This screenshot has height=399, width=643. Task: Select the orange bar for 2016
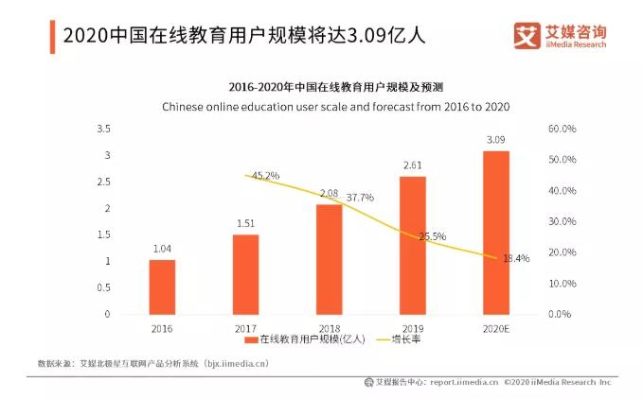162,286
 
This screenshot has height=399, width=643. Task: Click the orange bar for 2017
245,274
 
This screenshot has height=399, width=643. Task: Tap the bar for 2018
329,259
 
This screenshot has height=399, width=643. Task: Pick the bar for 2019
412,245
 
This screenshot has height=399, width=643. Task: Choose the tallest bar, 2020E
495,233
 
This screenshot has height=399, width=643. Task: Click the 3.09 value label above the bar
495,140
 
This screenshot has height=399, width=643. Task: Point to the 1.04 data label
162,249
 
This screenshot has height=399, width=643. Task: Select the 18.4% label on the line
516,258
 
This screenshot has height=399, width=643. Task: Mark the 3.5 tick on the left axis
104,129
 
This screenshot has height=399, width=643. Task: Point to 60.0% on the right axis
563,129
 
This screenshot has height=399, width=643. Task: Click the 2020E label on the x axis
495,327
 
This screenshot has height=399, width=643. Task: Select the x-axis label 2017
245,327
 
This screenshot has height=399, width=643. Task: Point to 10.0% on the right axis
563,283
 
